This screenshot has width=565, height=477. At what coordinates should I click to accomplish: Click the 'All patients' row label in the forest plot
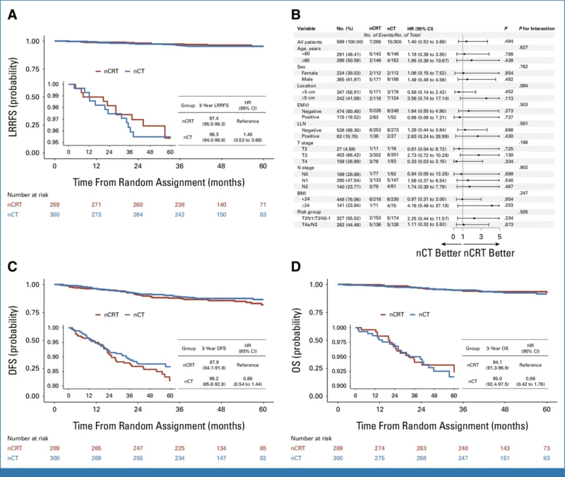[x=311, y=42]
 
